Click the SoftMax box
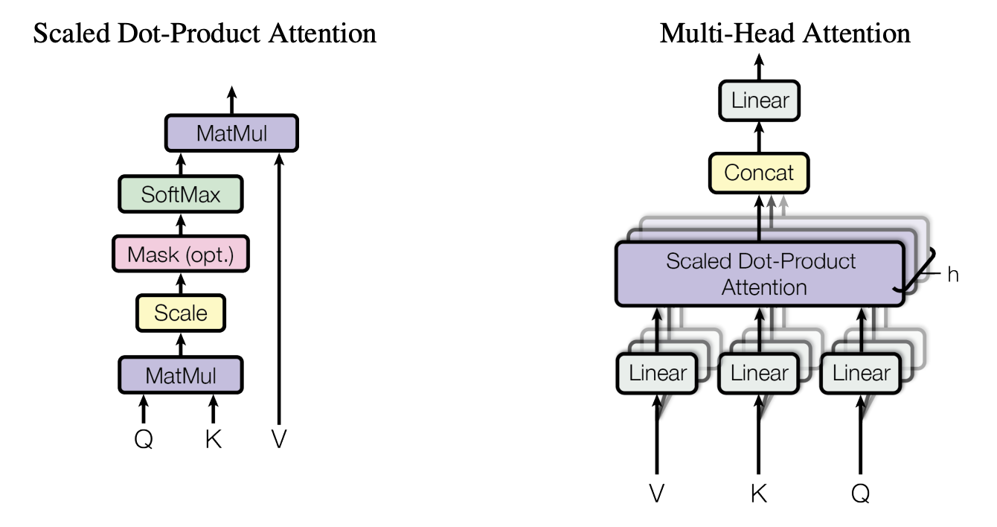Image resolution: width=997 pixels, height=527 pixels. pos(181,194)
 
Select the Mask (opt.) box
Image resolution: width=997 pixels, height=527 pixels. pos(180,254)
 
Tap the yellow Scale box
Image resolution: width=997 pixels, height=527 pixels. pos(180,313)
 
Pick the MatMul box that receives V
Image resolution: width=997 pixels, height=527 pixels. pos(231,134)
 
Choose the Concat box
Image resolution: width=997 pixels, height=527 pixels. pos(759,173)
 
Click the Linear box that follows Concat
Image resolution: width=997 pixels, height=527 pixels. pos(759,100)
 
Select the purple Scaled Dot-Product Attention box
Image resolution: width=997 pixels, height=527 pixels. pos(760,274)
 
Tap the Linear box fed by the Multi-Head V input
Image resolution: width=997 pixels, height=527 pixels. pos(657,372)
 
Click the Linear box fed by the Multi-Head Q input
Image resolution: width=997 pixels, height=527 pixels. pos(861,372)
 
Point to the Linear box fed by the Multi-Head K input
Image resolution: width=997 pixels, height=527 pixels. pos(758,372)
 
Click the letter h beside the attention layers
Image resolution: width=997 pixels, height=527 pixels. pos(953,275)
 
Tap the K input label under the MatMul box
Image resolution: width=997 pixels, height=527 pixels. pos(214,440)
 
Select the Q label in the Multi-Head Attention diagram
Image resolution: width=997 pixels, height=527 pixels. pos(861,494)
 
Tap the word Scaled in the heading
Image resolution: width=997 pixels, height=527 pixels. pos(66,33)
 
